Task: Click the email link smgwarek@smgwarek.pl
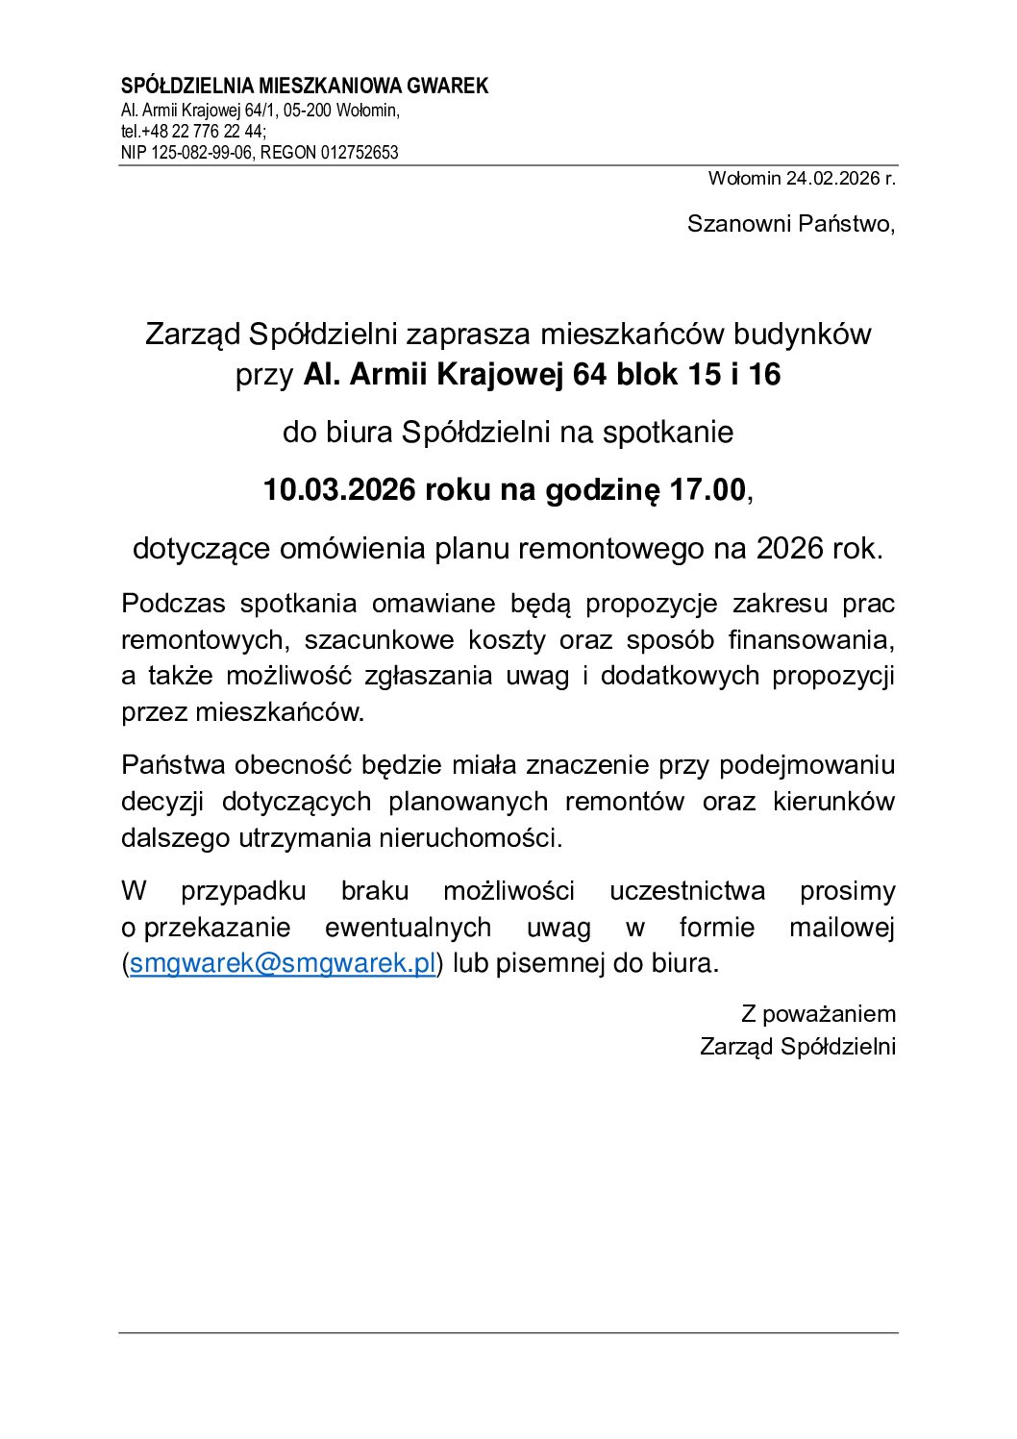(283, 963)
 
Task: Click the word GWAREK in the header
(448, 87)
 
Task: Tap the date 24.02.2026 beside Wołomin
(832, 178)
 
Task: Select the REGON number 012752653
(360, 153)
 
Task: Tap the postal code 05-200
(307, 111)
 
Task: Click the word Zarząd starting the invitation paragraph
(192, 335)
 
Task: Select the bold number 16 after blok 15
(764, 374)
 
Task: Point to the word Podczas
(172, 604)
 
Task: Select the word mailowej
(841, 928)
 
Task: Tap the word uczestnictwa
(687, 891)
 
